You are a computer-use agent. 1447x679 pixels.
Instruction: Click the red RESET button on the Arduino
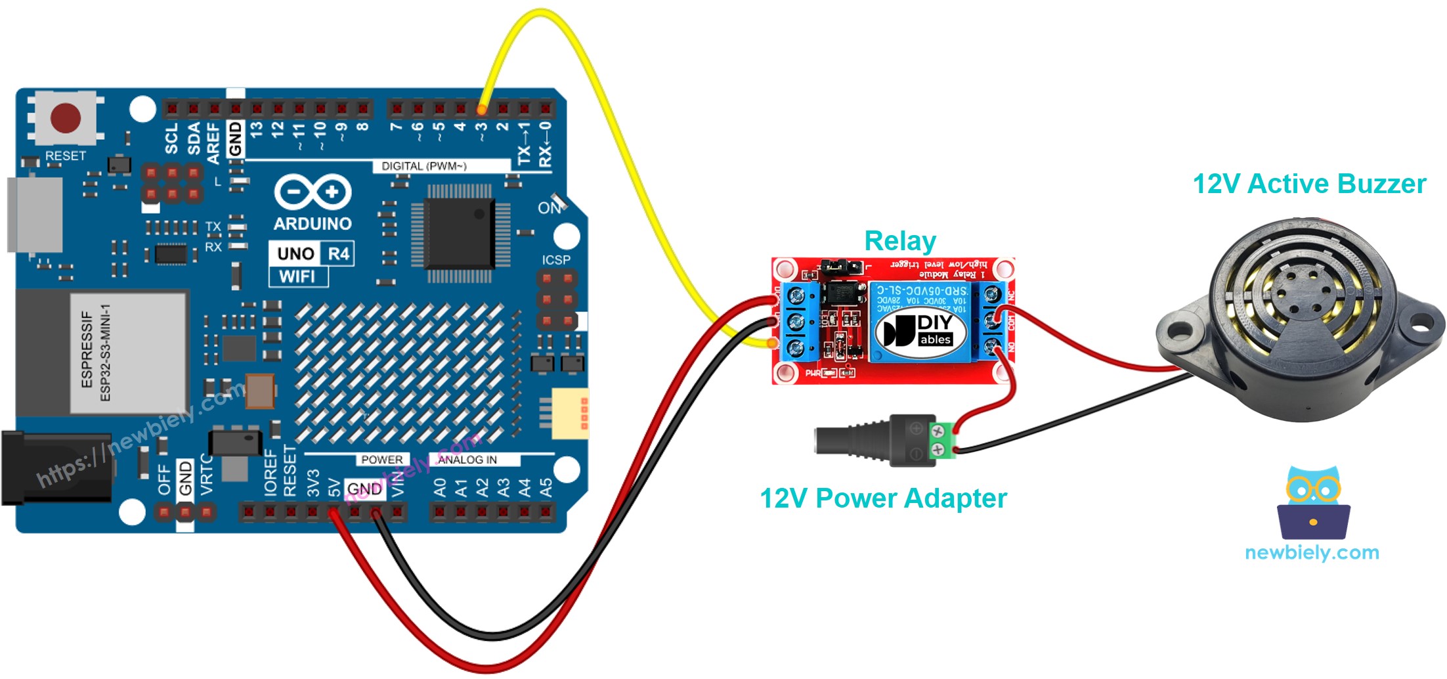65,118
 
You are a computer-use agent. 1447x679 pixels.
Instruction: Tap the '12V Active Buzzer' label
1308,184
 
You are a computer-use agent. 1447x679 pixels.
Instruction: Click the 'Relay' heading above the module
899,241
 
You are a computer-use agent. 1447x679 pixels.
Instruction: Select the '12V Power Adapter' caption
883,498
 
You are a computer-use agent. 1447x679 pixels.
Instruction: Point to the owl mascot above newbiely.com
1313,502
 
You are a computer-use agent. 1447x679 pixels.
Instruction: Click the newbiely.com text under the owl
1311,552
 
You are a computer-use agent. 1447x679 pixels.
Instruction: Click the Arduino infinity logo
313,192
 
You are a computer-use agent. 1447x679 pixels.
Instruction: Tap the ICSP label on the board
555,260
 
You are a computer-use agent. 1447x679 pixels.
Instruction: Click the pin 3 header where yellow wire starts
482,108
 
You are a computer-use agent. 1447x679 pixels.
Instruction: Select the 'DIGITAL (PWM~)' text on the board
423,166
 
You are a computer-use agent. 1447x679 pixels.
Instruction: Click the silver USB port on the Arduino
34,214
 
